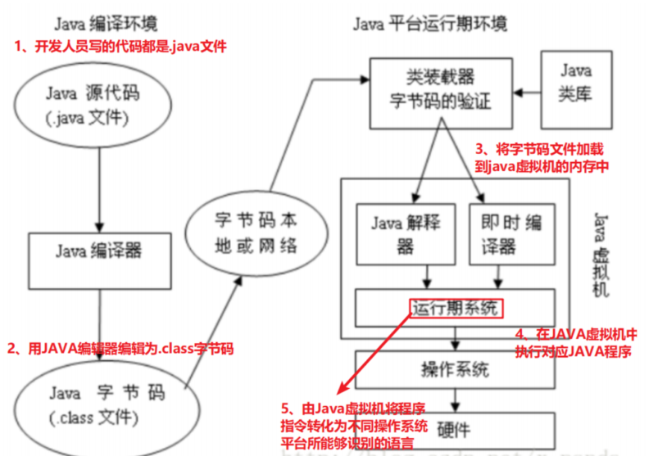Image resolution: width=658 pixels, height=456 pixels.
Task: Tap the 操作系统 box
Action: (456, 365)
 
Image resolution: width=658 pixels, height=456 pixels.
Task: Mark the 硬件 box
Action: (456, 427)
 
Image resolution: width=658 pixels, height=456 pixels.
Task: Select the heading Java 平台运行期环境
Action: (430, 22)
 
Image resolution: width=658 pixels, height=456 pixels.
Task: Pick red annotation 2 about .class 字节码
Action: (120, 348)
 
